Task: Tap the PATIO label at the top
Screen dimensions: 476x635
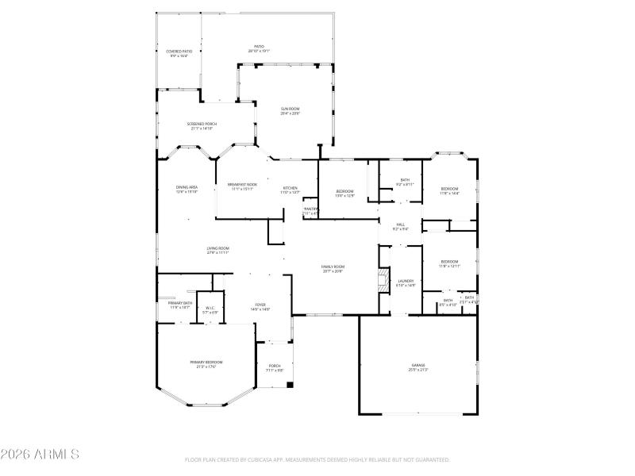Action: pos(259,48)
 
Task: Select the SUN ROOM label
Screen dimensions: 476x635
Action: pos(290,110)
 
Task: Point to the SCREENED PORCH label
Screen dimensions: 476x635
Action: pos(202,125)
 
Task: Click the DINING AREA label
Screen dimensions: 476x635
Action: pos(187,189)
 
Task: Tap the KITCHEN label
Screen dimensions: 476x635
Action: pos(290,190)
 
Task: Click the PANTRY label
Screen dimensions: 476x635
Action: pos(310,211)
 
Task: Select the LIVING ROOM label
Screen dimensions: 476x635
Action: pos(218,250)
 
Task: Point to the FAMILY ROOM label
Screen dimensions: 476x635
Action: pos(333,268)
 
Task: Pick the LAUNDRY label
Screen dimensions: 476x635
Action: pos(406,282)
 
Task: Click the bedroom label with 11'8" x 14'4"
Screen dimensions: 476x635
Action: pos(449,190)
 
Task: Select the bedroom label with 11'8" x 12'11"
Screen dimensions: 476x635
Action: pos(449,263)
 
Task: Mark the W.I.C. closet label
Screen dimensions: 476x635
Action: pos(210,309)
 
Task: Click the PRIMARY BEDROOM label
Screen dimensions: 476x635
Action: pos(206,364)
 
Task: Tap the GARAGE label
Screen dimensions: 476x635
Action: pos(418,367)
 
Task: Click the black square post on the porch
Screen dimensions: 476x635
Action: pos(290,386)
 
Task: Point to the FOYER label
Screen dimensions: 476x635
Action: pos(260,306)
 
